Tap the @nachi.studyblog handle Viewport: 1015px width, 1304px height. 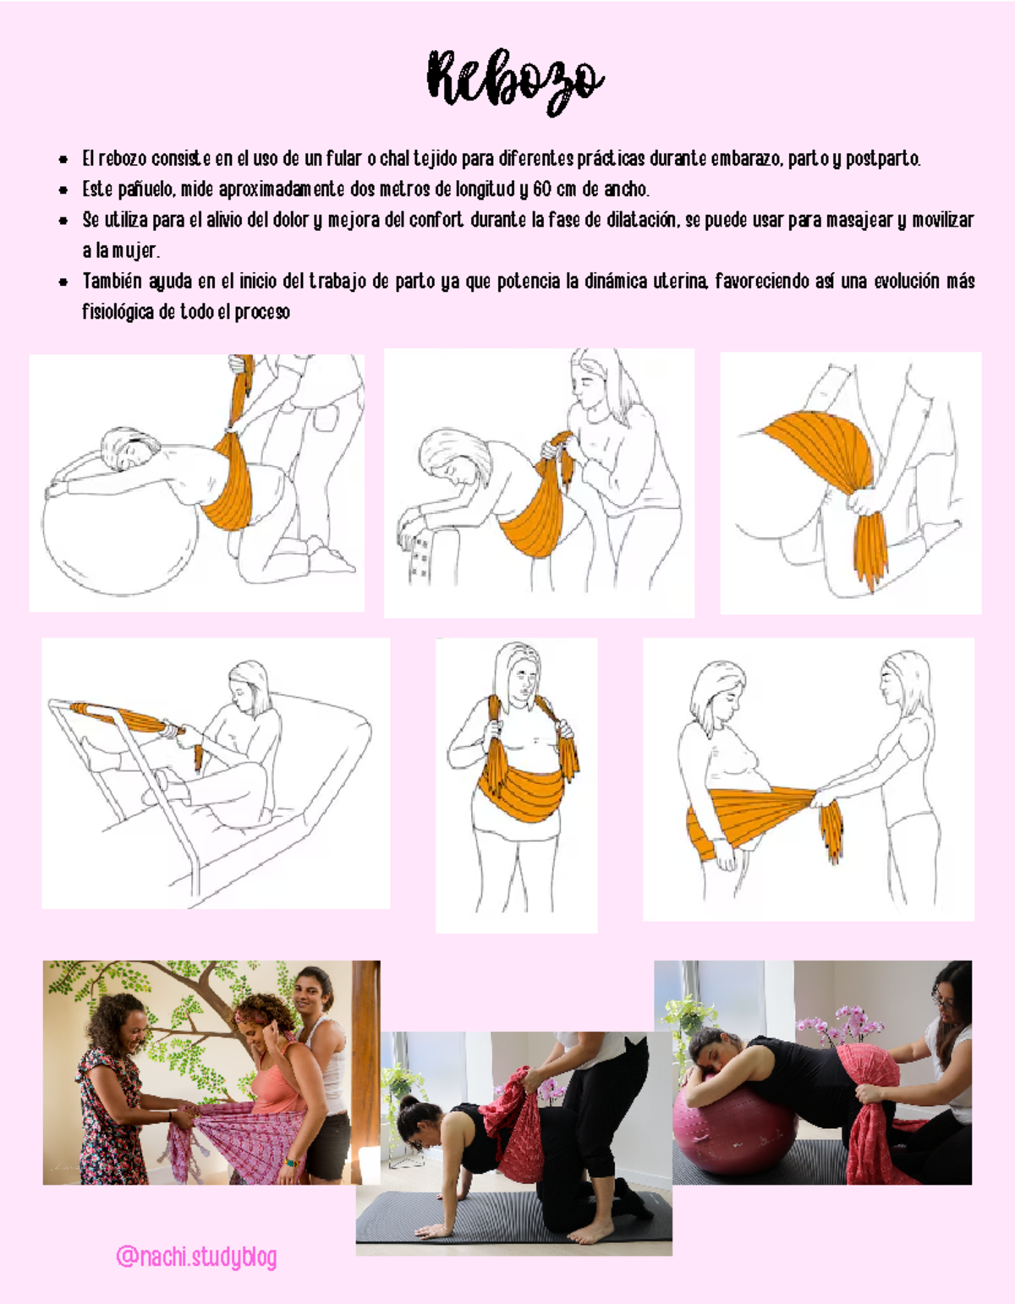(x=196, y=1257)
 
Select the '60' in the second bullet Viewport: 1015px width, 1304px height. (x=542, y=189)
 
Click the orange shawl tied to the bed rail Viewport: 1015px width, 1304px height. (x=127, y=718)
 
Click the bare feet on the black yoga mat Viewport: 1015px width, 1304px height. (x=592, y=1230)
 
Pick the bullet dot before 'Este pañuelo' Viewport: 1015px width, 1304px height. (x=63, y=189)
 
